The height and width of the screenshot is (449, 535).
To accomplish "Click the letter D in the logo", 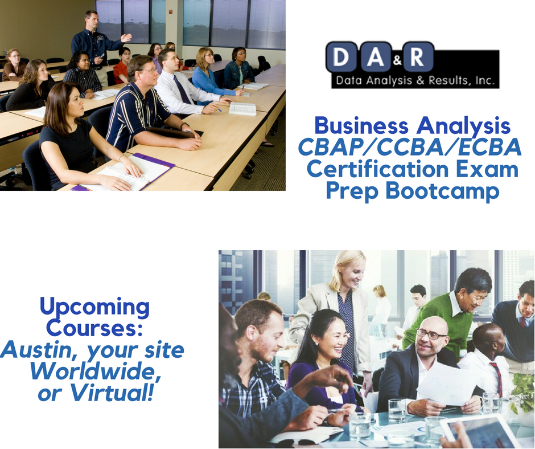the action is click(340, 57).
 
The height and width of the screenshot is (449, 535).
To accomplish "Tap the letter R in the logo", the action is click(417, 57).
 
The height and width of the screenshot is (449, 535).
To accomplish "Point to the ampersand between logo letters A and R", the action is click(397, 61).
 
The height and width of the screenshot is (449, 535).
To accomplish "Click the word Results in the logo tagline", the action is click(448, 80).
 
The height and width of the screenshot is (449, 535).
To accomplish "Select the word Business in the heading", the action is click(361, 125).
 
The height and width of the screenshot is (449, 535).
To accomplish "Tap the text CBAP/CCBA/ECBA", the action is click(409, 147).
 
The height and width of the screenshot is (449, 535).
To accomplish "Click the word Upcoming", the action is click(94, 307).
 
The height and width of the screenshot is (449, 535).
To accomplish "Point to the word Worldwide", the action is click(95, 372).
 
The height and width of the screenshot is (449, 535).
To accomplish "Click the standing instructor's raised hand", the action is click(126, 37).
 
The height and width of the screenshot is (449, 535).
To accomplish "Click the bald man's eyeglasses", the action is click(431, 334).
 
